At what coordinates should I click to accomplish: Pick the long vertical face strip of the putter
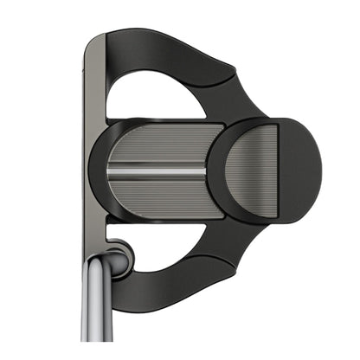[x=93, y=156]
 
